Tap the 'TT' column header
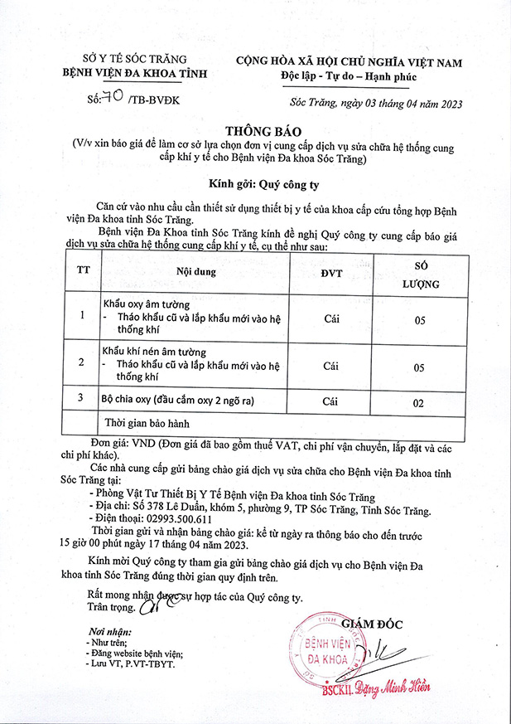pos(83,270)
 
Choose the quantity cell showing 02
pos(419,403)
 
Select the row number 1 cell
pos(82,316)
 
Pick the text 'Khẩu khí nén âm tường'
pos(153,352)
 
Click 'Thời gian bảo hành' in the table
pos(147,423)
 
